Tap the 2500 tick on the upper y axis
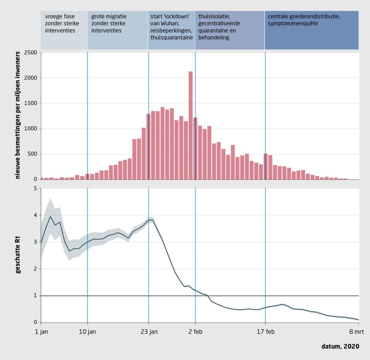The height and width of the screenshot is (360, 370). [x=32, y=52]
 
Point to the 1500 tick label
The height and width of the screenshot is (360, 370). [x=32, y=103]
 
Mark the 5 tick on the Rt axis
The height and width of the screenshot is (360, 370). [x=35, y=188]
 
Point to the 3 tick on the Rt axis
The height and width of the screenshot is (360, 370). [x=35, y=242]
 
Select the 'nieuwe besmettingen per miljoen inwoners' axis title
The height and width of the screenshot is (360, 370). [x=18, y=116]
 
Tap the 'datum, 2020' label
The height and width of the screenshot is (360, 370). [x=340, y=347]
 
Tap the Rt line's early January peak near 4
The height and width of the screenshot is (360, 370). [x=50, y=217]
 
